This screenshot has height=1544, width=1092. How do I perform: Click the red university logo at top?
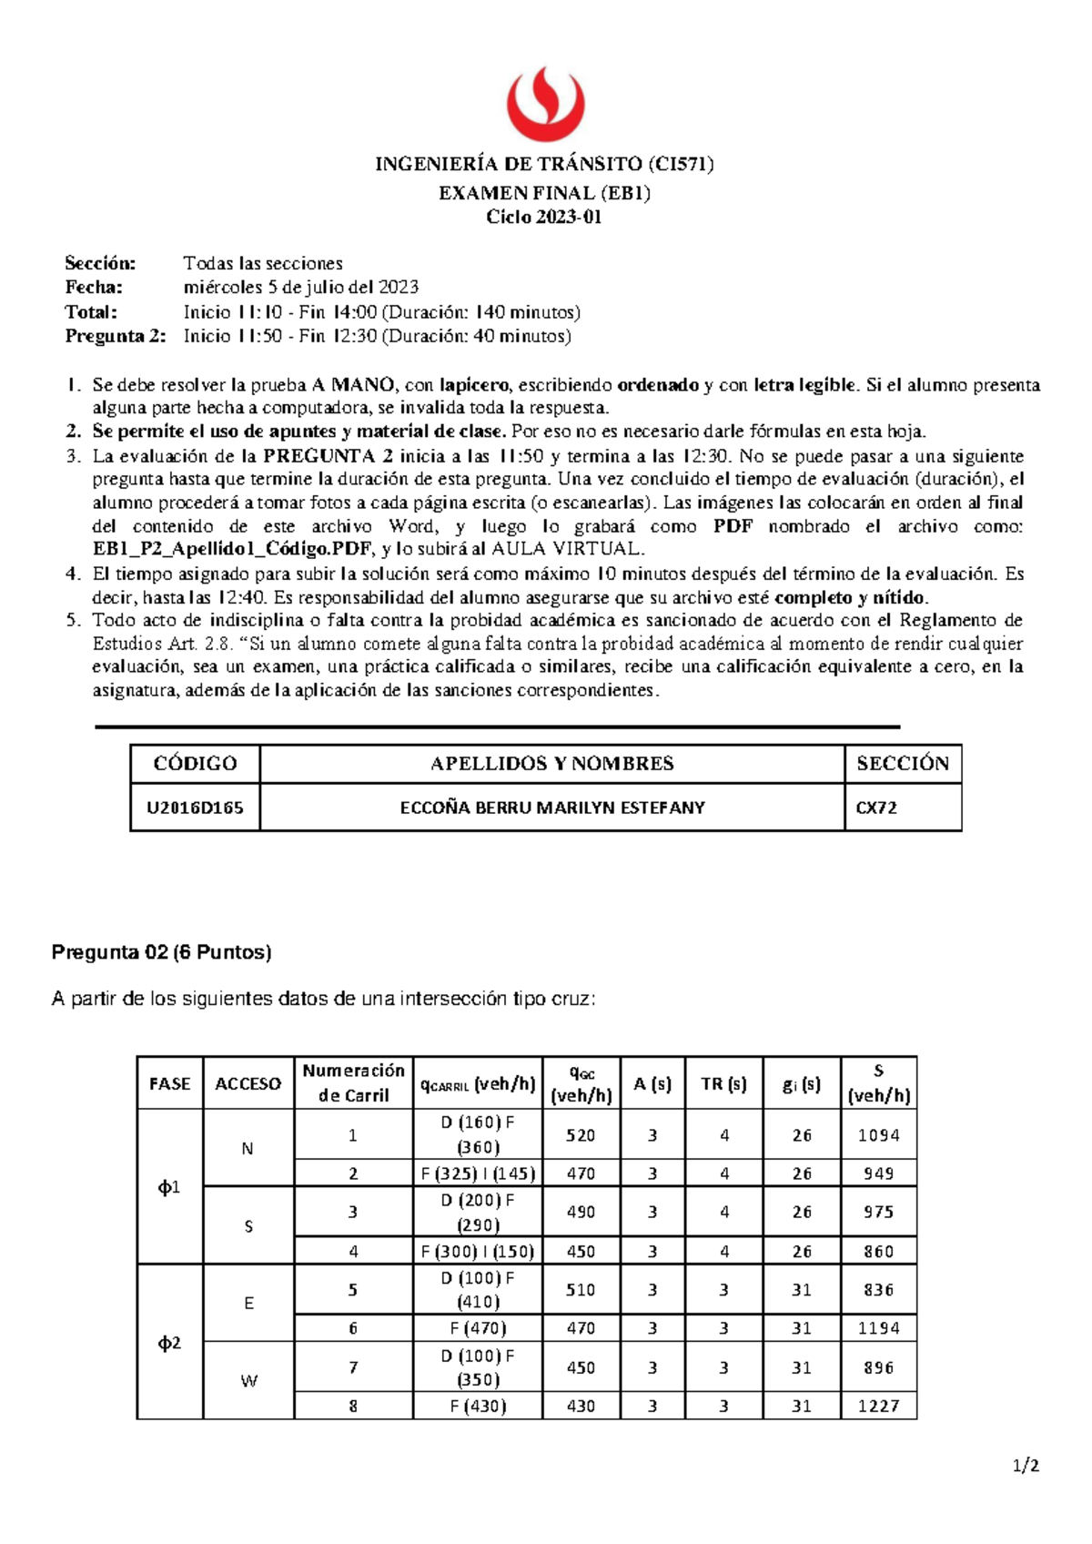click(x=545, y=103)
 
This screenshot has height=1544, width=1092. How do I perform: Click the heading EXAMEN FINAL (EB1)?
click(x=544, y=193)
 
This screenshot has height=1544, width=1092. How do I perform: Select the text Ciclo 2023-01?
click(x=544, y=217)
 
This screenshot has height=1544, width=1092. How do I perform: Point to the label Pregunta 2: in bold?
click(x=116, y=336)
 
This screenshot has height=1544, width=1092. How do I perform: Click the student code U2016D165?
click(x=195, y=808)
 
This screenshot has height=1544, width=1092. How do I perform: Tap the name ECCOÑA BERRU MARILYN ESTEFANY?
click(x=552, y=808)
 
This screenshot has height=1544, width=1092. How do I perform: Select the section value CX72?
click(x=876, y=808)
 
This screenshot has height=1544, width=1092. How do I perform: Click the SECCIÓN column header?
click(x=903, y=764)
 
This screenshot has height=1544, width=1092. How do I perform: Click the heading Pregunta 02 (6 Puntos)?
click(x=162, y=952)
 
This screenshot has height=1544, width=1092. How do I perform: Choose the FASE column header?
click(x=170, y=1083)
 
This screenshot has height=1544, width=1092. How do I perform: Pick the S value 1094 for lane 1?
click(x=878, y=1135)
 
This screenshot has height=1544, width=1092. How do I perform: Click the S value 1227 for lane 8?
click(x=878, y=1406)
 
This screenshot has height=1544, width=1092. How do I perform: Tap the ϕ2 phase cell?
click(x=170, y=1343)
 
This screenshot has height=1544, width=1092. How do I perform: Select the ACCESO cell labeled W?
click(x=248, y=1381)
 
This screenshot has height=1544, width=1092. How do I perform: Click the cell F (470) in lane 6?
click(x=478, y=1328)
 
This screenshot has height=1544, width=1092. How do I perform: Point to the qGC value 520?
click(x=581, y=1135)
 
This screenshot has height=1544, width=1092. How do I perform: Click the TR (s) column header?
click(x=723, y=1083)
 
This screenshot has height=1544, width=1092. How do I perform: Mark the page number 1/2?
click(x=1026, y=1466)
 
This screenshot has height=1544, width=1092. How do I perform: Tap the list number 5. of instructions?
click(x=74, y=620)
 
